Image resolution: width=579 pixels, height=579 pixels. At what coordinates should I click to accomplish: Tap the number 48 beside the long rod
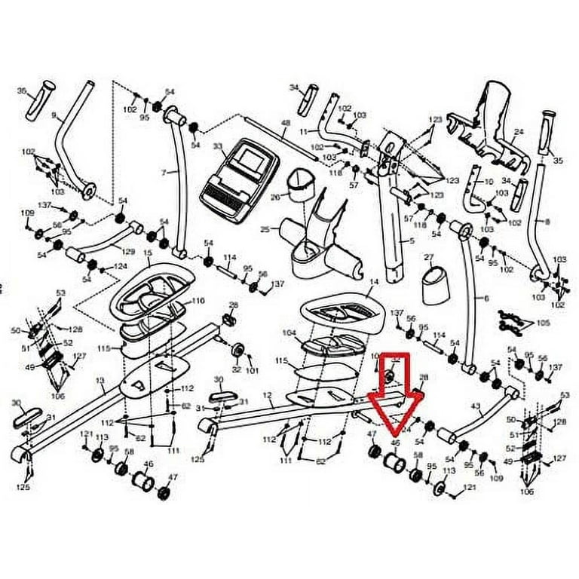pyautogui.click(x=286, y=123)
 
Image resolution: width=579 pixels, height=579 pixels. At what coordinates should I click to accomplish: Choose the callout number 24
pyautogui.click(x=518, y=131)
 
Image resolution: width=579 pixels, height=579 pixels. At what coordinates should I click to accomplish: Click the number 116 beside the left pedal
pyautogui.click(x=198, y=301)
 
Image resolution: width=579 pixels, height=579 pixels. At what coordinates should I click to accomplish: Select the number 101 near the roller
pyautogui.click(x=252, y=370)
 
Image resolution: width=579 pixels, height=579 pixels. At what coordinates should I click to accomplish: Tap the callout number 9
pyautogui.click(x=54, y=115)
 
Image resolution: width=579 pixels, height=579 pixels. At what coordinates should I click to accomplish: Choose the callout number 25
pyautogui.click(x=265, y=228)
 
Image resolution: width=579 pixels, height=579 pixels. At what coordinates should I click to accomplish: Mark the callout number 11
pyautogui.click(x=304, y=131)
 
